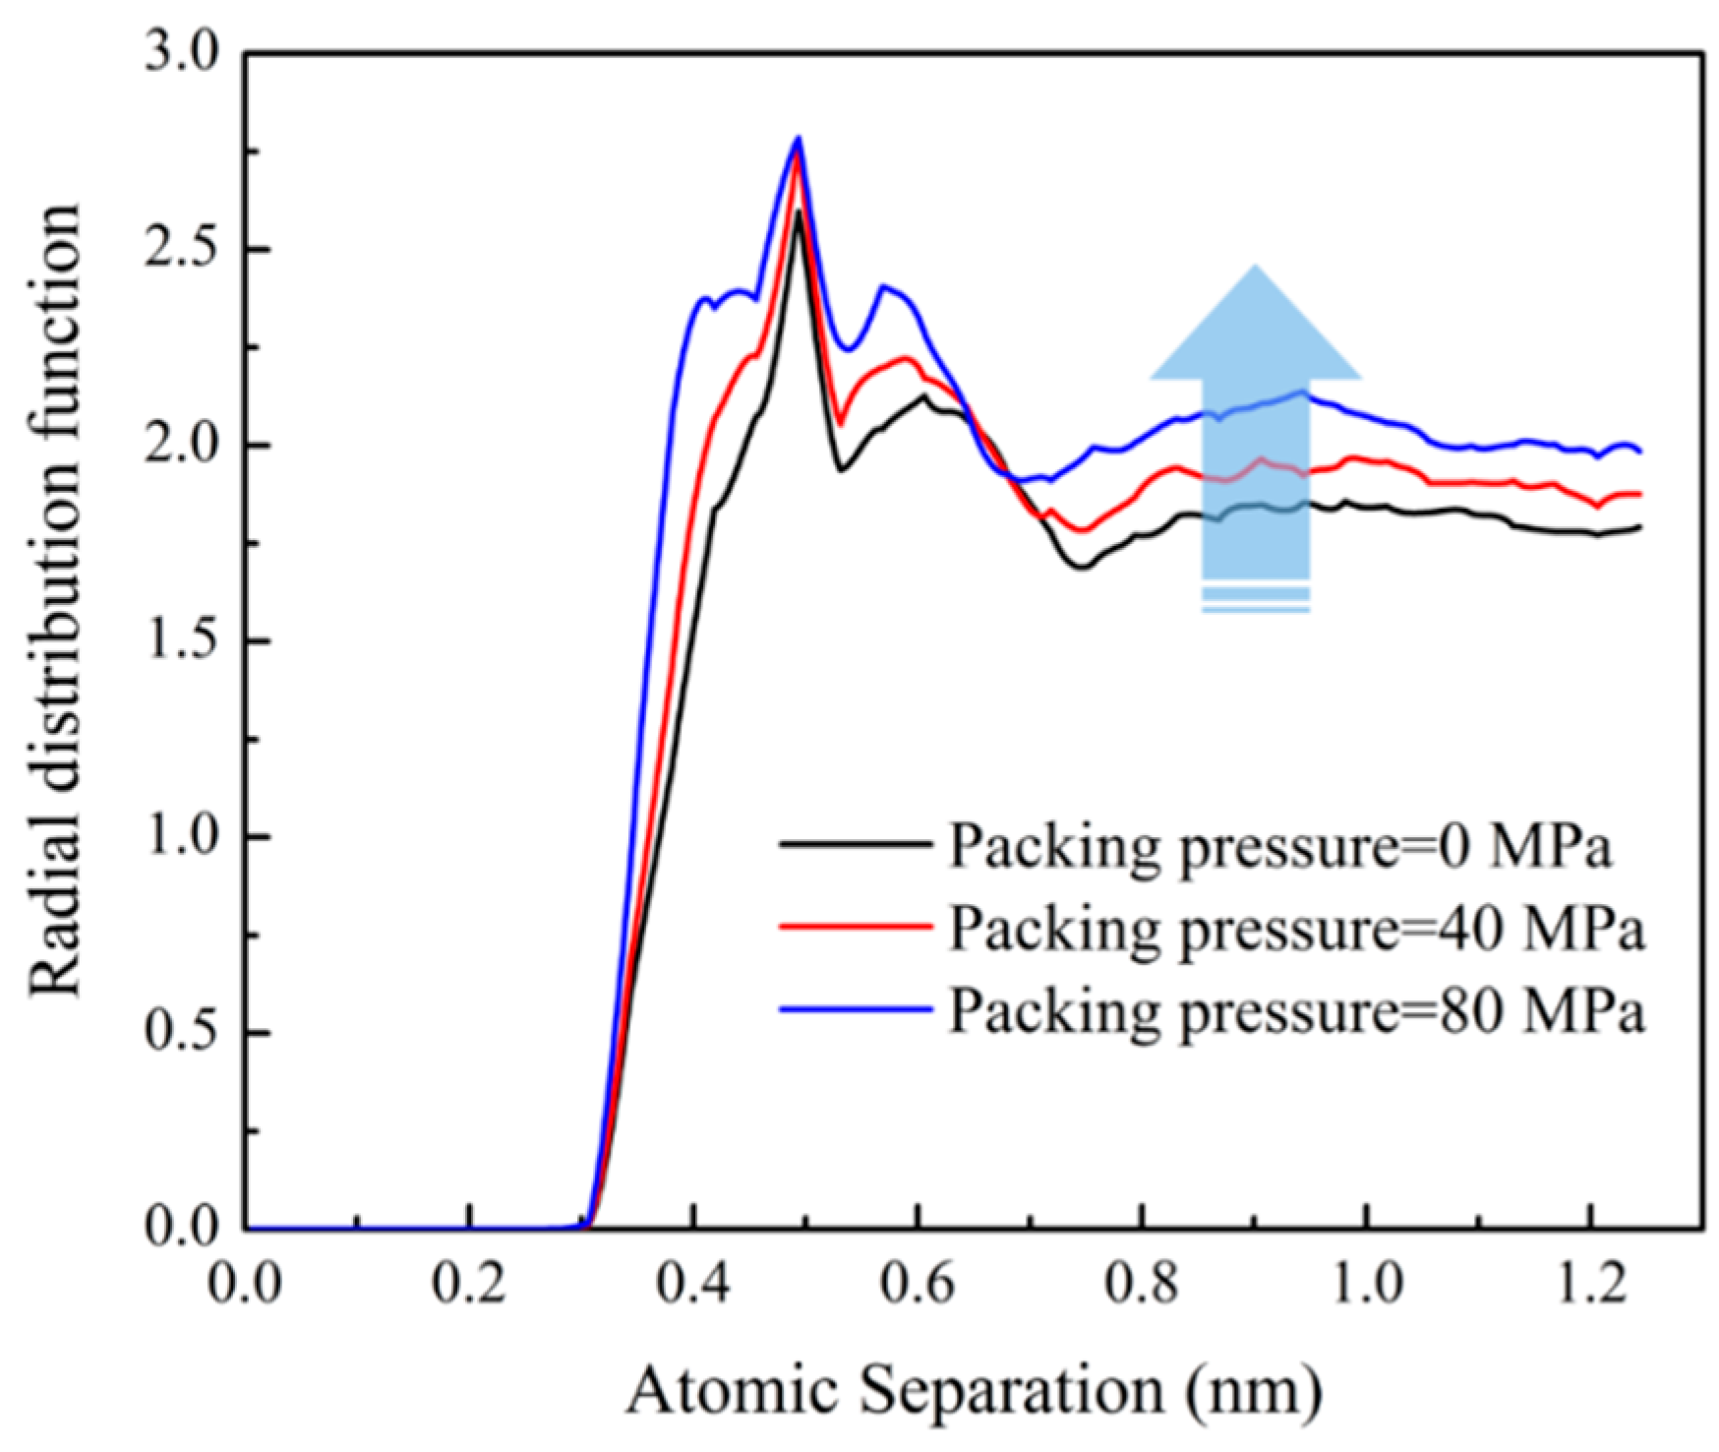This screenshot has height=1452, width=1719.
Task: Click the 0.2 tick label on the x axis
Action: pos(470,1285)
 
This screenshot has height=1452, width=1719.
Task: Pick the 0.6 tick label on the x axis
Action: pos(918,1285)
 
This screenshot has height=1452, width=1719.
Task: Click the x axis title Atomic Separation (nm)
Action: pos(974,1391)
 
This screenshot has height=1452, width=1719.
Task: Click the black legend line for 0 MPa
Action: pos(855,843)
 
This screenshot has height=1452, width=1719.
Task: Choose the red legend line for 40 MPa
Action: pos(855,925)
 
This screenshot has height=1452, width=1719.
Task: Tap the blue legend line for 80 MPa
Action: pos(855,1008)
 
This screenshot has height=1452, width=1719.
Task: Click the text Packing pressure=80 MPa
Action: pos(1295,1010)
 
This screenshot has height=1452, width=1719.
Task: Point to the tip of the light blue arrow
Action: pos(1255,268)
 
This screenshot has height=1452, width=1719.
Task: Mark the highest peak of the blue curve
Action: pos(799,138)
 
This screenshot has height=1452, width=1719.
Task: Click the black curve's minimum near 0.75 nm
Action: pos(1081,567)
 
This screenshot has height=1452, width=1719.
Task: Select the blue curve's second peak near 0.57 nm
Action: pos(883,286)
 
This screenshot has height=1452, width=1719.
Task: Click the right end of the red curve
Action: pos(1639,494)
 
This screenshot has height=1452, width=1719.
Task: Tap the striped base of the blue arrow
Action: pos(1255,599)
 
